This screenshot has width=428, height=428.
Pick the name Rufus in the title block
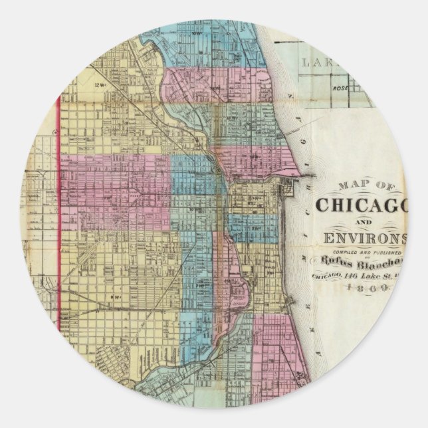click(x=344, y=262)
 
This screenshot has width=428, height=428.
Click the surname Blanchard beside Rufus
click(x=388, y=262)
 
